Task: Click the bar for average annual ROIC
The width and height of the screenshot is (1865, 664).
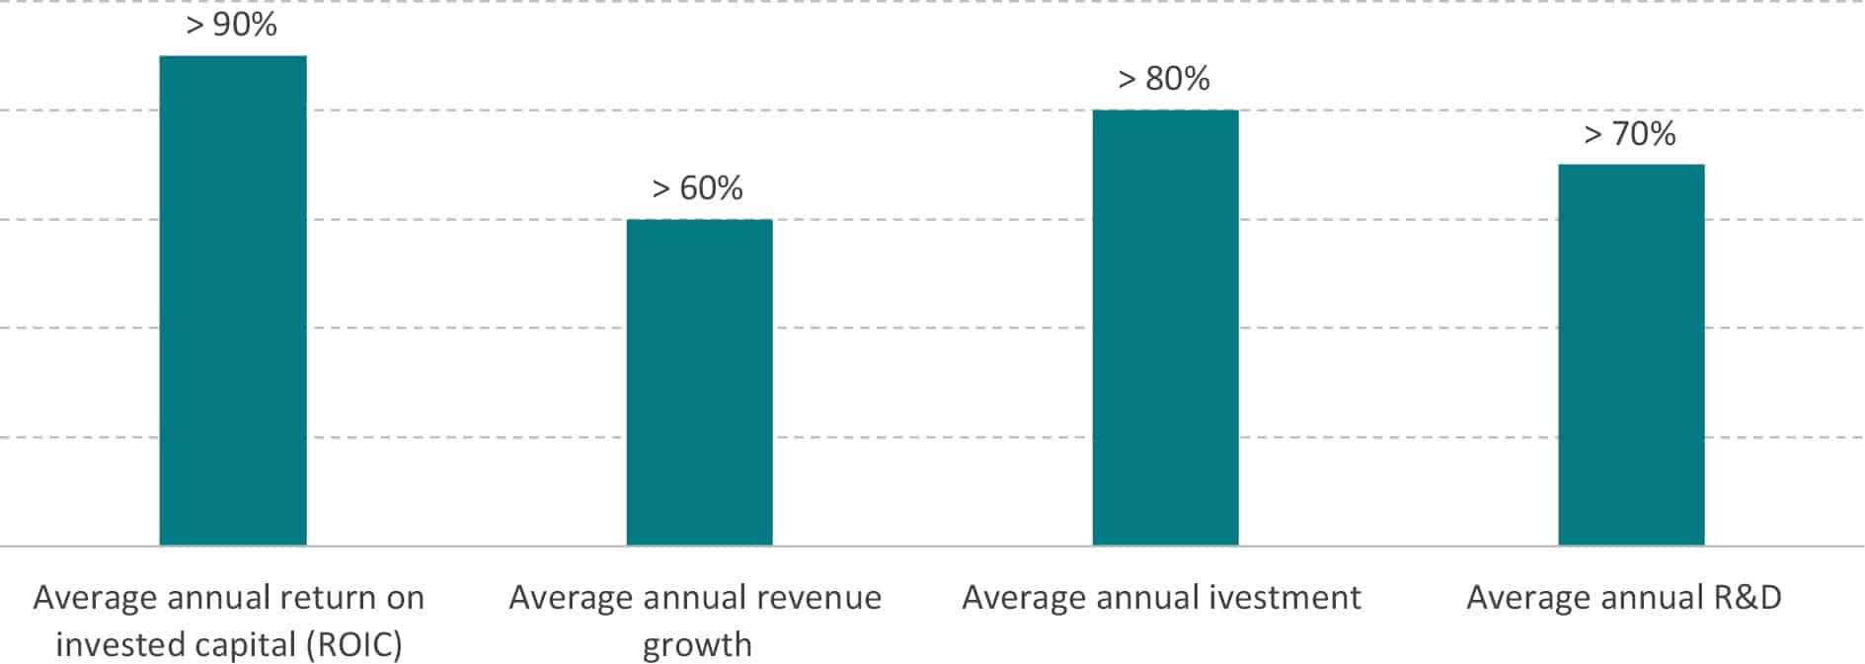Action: (x=233, y=301)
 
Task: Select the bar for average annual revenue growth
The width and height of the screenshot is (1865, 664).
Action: (x=699, y=382)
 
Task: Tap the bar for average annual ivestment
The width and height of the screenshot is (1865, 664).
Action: (x=1165, y=328)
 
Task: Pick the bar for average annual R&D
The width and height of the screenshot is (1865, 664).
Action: (x=1631, y=355)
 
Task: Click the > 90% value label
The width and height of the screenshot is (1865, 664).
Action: (x=232, y=25)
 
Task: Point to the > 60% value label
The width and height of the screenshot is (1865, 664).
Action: (x=698, y=187)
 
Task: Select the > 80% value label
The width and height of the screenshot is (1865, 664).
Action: (x=1164, y=79)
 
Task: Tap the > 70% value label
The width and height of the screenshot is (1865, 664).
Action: (x=1630, y=133)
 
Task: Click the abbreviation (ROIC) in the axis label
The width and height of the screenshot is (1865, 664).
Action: (x=354, y=645)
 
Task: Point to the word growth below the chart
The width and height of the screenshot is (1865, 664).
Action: (x=697, y=645)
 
